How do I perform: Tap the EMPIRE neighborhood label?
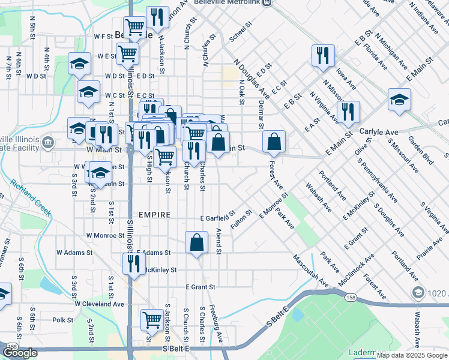(x=155, y=215)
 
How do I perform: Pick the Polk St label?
(x=62, y=320)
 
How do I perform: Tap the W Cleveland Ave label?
(x=99, y=304)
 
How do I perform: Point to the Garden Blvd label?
(x=420, y=149)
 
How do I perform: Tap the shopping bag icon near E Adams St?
(x=196, y=243)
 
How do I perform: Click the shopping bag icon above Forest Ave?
(x=274, y=142)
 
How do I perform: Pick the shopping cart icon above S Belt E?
(x=152, y=320)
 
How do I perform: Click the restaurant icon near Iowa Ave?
(x=323, y=56)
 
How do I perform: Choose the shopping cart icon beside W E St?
(x=128, y=53)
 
